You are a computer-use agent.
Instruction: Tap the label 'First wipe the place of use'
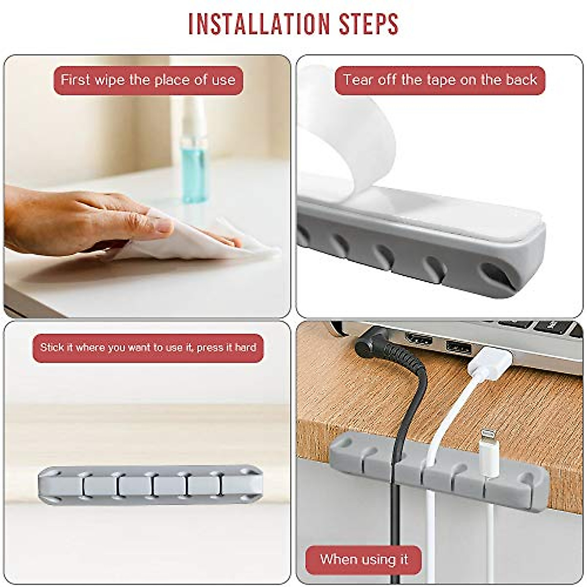[x=148, y=80]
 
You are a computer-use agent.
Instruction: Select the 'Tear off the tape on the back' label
[x=440, y=80]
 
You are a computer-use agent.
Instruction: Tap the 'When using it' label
[x=363, y=559]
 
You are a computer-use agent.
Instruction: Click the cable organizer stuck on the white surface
[x=150, y=485]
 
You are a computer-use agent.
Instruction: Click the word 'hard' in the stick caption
[x=246, y=348]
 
